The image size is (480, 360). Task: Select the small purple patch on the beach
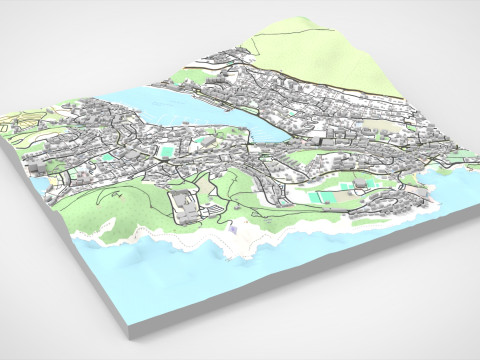[232, 229]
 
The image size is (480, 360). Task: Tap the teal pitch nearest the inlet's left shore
[168, 151]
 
